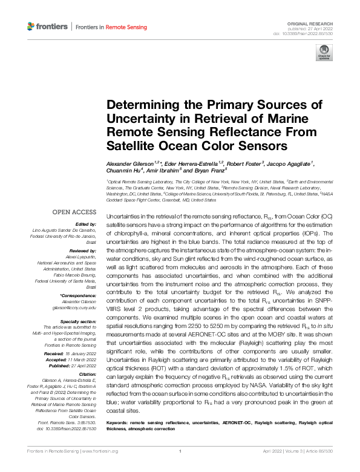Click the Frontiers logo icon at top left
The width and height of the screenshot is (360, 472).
tap(31, 27)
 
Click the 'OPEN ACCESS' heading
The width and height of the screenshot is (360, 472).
tap(74, 212)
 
